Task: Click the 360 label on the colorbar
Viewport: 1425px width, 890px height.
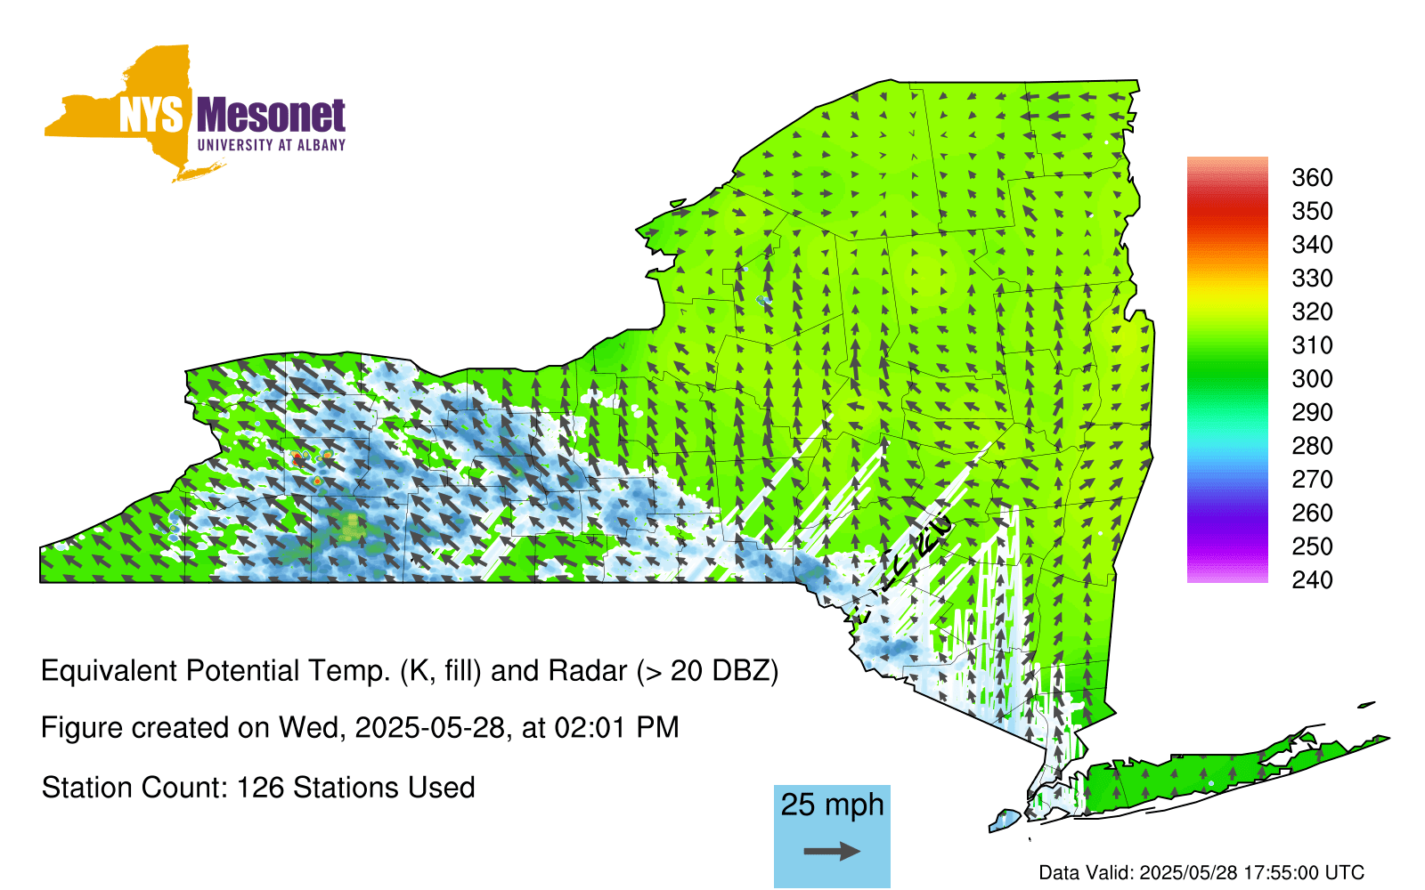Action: coord(1312,177)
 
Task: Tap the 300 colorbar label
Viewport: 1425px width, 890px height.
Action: coord(1312,379)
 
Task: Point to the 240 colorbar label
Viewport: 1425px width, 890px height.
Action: coord(1312,579)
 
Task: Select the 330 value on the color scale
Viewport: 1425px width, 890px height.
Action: coord(1312,278)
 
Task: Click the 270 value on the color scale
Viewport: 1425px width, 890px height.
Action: coord(1312,480)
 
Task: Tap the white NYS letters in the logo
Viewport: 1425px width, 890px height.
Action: coord(151,115)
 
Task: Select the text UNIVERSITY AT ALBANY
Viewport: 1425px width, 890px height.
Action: coord(272,145)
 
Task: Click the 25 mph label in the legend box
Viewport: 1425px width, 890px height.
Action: coord(832,805)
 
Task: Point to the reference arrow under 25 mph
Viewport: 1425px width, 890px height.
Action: coord(832,851)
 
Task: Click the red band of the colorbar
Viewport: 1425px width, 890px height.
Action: coord(1227,211)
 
